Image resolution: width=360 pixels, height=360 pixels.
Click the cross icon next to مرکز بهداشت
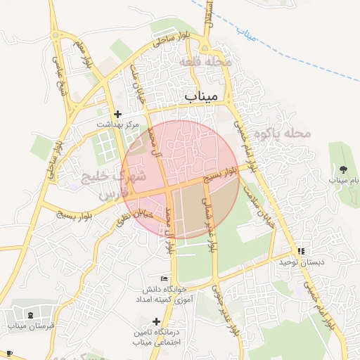tap(117, 114)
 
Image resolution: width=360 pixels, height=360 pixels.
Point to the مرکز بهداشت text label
tap(115, 124)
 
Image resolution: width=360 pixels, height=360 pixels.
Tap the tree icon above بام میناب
tap(343, 169)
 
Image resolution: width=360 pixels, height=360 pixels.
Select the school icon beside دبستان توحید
tap(301, 250)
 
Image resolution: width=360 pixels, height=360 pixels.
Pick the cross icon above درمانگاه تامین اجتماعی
tap(156, 321)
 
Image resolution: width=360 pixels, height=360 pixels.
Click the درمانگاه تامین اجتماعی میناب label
tap(157, 337)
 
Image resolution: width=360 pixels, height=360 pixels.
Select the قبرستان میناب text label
tap(27, 326)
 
